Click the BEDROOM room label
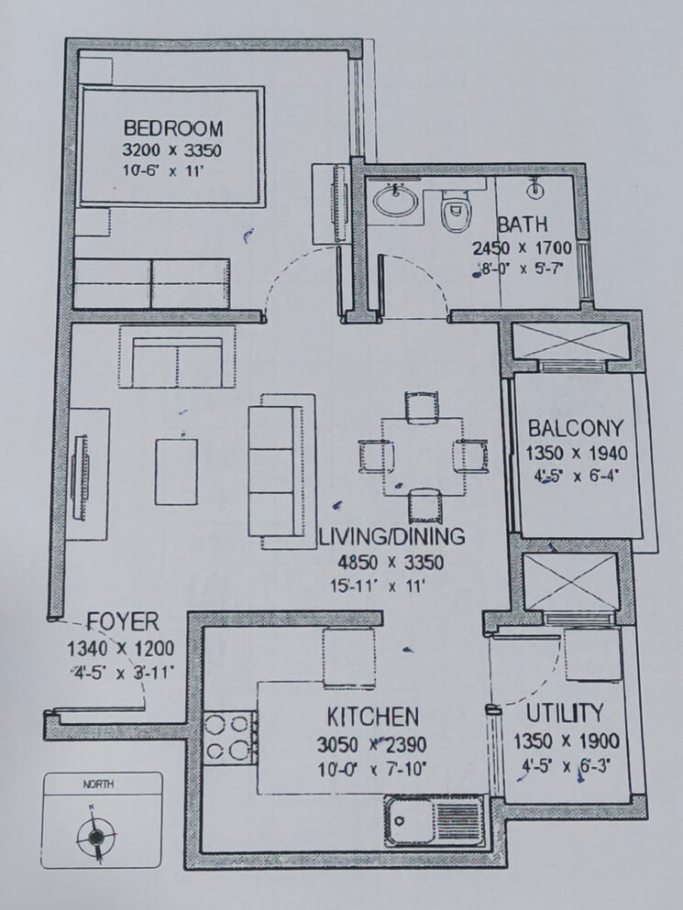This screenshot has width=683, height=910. click(x=173, y=127)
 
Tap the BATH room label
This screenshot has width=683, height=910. click(x=522, y=225)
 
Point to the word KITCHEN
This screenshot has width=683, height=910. click(x=372, y=716)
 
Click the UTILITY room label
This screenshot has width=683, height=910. click(x=566, y=713)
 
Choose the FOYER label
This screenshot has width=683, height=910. click(x=122, y=624)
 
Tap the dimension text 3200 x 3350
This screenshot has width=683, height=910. click(x=173, y=149)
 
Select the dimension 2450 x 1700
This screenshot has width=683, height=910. click(x=522, y=247)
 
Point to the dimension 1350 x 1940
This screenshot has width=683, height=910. click(x=575, y=453)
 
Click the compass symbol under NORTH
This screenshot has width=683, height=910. click(x=94, y=835)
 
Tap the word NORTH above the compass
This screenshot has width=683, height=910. click(x=99, y=784)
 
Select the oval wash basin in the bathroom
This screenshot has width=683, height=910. click(x=396, y=201)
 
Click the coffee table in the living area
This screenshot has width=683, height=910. click(x=175, y=471)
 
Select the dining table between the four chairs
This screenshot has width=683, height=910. click(x=419, y=456)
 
